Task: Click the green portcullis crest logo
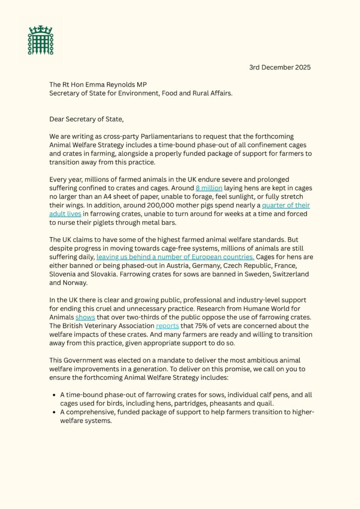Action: pyautogui.click(x=40, y=40)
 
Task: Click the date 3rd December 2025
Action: pyautogui.click(x=280, y=68)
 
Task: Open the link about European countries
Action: pyautogui.click(x=176, y=257)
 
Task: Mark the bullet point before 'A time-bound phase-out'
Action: pyautogui.click(x=53, y=395)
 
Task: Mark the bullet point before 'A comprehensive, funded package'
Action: pyautogui.click(x=53, y=412)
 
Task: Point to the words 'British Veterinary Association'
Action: pyautogui.click(x=109, y=326)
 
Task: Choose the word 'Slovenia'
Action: pyautogui.click(x=65, y=274)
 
